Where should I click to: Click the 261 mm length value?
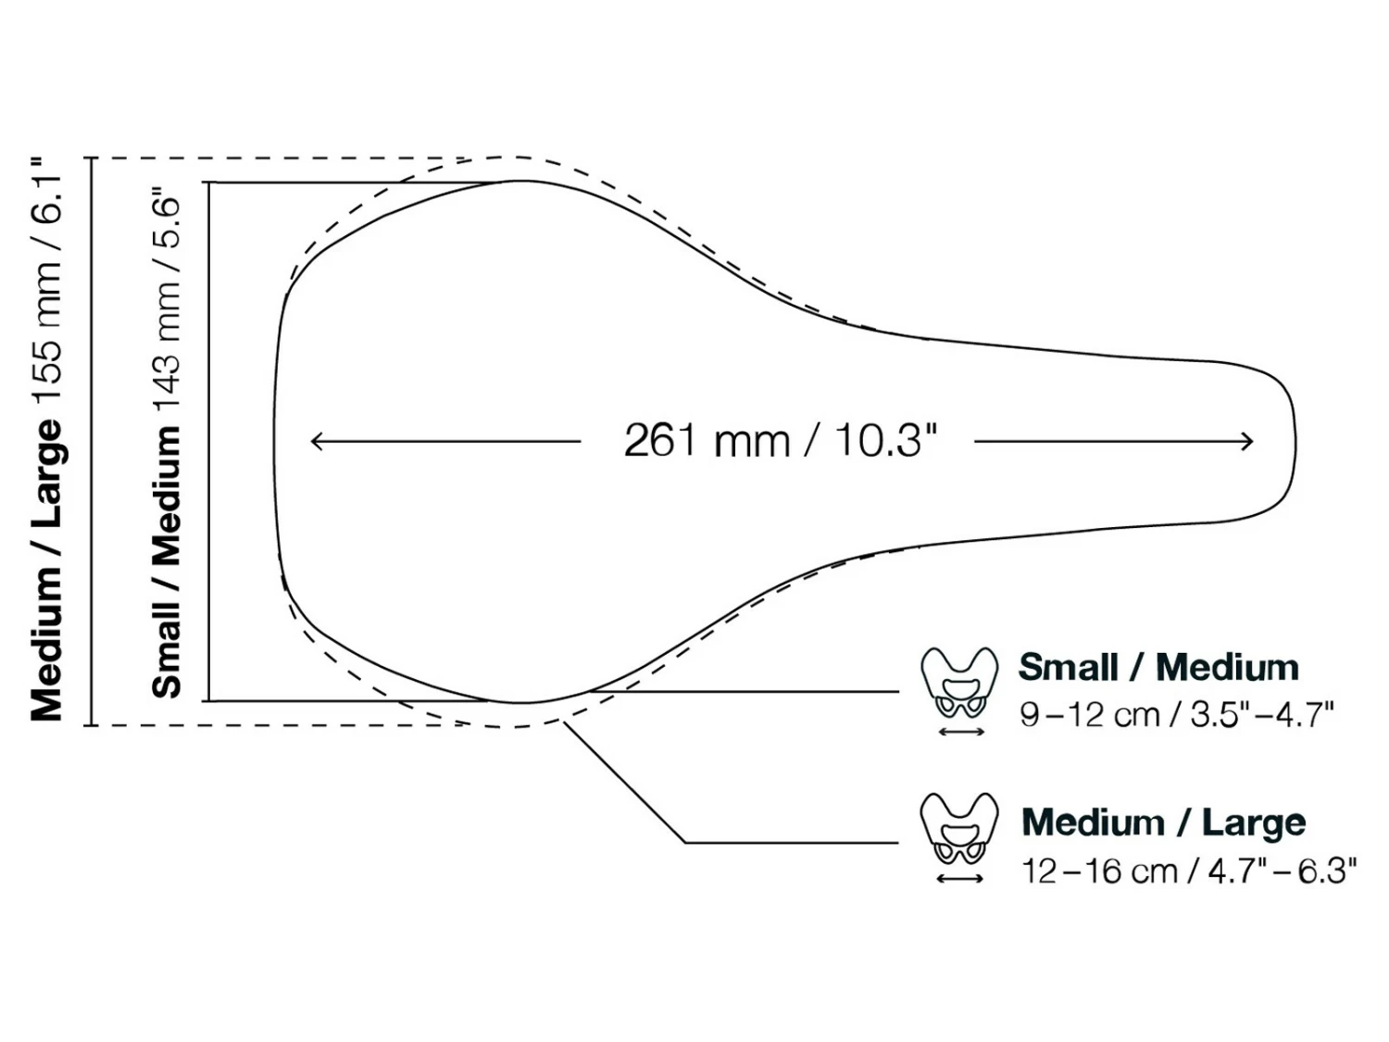click(x=707, y=441)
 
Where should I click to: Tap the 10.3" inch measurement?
click(x=886, y=441)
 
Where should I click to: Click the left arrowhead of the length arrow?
click(x=315, y=441)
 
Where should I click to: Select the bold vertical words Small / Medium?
click(x=167, y=562)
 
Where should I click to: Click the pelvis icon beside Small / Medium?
click(x=959, y=683)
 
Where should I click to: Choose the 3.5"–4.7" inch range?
click(x=1261, y=715)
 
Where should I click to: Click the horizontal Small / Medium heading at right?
click(x=1158, y=667)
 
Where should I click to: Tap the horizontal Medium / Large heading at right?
click(x=1163, y=822)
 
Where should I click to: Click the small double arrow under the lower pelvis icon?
click(x=960, y=878)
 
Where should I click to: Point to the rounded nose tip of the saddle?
click(x=1293, y=443)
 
